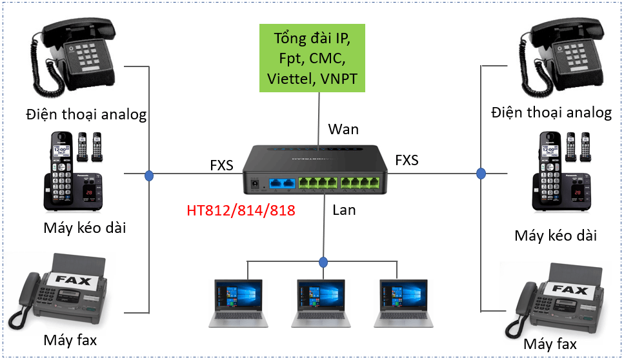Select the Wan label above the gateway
(343, 128)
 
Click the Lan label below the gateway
(344, 210)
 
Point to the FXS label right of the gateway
(407, 159)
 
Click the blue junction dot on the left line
(149, 175)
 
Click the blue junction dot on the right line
(481, 173)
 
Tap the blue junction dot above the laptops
(323, 263)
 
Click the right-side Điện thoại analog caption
(551, 112)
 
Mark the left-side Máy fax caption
(70, 339)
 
